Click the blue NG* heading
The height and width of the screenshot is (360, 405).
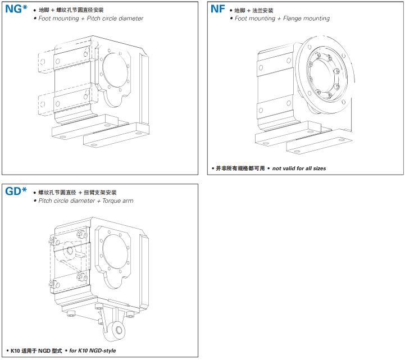coord(16,10)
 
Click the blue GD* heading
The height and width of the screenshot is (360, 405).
coord(16,192)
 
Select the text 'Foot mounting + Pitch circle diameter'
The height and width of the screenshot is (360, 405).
coord(90,19)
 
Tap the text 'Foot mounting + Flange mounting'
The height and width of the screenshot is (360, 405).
coord(282,19)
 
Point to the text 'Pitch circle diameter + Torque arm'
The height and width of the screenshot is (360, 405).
coord(85,200)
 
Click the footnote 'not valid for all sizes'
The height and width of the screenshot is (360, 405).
coord(299,168)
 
